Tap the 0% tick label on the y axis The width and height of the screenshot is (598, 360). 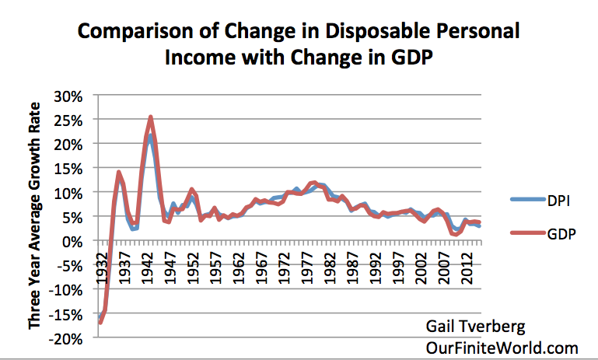click(78, 241)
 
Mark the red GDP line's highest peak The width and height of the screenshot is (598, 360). click(150, 117)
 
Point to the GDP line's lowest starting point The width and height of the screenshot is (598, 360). click(100, 322)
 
